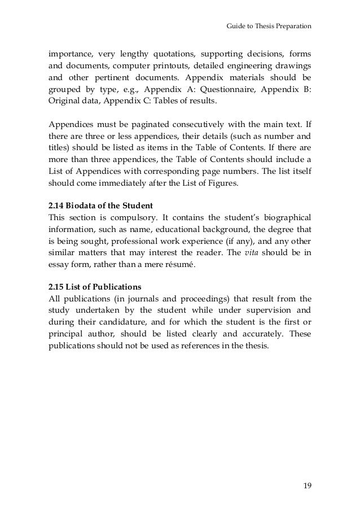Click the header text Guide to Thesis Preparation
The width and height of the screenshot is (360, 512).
point(268,25)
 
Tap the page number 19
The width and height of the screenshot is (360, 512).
point(306,484)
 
